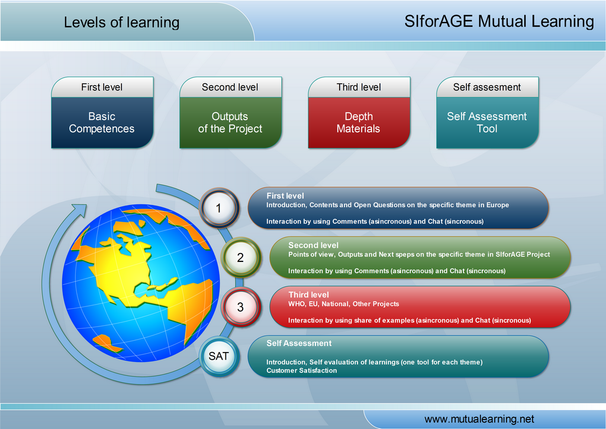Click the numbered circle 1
point(219,208)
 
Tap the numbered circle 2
point(240,257)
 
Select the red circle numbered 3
point(240,307)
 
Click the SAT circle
point(219,356)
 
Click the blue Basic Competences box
point(102,123)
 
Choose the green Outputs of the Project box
point(231,123)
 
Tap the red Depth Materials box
point(359,123)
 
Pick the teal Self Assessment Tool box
point(488,123)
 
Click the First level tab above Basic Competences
point(102,87)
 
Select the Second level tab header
point(231,87)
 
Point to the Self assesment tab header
point(488,87)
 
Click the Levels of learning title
point(121,23)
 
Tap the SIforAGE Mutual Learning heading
point(499,21)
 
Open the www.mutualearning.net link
point(479,419)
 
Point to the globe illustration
point(141,283)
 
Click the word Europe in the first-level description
point(497,205)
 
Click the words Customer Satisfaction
point(301,370)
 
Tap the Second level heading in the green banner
point(314,245)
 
